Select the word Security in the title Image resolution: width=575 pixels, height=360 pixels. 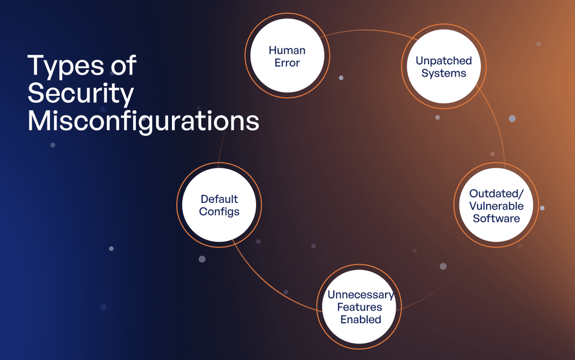coord(80,94)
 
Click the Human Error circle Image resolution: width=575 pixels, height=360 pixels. coord(287,56)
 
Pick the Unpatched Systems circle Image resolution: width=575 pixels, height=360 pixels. coord(443,67)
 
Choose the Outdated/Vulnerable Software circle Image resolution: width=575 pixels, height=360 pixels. coord(496,206)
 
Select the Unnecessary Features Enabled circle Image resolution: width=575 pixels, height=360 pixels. coord(360,307)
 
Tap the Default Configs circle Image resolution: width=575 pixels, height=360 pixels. coord(219,205)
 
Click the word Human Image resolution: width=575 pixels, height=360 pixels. coord(287,51)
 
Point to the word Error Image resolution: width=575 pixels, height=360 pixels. coord(287,63)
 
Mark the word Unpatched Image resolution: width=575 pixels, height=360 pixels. coord(443,61)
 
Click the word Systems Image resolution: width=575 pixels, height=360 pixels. coord(443,73)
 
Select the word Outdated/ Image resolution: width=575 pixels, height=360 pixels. coord(496,193)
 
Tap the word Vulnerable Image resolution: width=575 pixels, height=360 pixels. coord(496,206)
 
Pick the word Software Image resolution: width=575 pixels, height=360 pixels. coord(496,218)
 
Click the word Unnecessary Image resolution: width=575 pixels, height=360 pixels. coord(360,294)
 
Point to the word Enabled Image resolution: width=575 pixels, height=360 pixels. coord(361,320)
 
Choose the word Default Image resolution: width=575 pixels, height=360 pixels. coord(219,199)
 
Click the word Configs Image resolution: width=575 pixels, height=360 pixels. coord(219,211)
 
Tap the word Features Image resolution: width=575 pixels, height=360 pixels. coord(361,307)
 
